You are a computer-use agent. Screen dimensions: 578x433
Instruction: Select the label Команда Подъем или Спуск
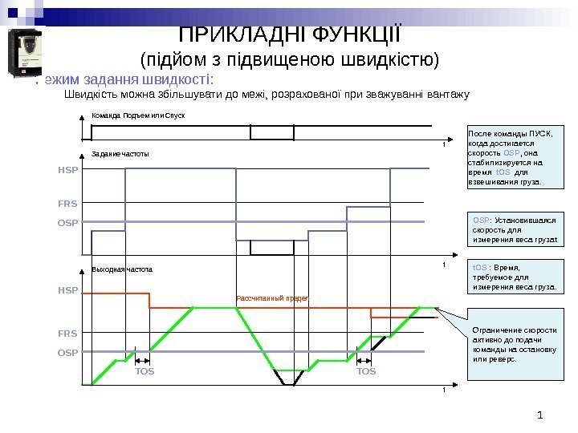coord(138,116)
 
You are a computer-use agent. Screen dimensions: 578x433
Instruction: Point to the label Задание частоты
coord(120,152)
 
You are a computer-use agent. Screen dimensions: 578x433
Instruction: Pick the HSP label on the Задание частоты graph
coord(67,171)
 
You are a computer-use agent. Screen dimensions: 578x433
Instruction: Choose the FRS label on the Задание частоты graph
coord(67,204)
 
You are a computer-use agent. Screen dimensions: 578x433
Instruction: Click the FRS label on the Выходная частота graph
coord(67,330)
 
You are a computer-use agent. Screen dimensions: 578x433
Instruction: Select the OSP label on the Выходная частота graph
coord(67,352)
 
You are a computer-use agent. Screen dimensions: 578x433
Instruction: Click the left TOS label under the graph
coord(144,372)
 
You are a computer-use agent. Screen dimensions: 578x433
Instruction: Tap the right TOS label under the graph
coord(366,372)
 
